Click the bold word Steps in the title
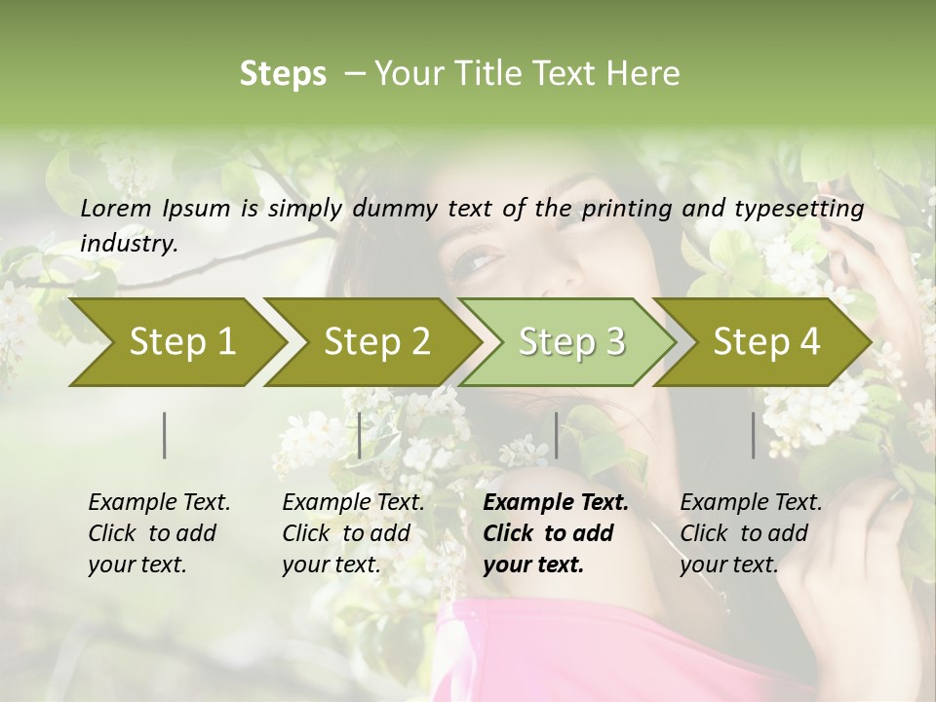[283, 73]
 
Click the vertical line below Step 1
[165, 435]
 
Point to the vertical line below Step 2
[360, 435]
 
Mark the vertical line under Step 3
[556, 435]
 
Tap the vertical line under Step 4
[754, 435]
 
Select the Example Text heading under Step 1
[159, 503]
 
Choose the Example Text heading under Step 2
[353, 503]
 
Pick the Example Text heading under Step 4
[751, 503]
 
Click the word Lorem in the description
[116, 209]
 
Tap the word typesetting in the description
[807, 209]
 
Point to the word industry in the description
[129, 244]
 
